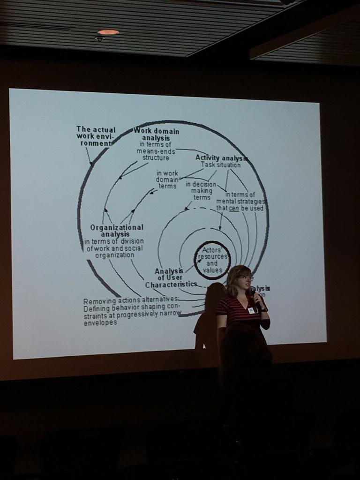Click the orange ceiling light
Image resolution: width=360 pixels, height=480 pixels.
[x=108, y=32]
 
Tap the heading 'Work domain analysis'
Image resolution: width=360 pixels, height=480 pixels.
[x=156, y=135]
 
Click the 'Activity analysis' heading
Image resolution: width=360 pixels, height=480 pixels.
[x=221, y=157]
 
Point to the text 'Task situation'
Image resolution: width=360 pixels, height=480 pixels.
[x=221, y=165]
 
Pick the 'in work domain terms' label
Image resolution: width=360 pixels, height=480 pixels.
[x=167, y=180]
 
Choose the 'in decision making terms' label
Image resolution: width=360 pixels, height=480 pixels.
[x=202, y=191]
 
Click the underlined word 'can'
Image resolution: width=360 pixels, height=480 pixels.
[x=234, y=208]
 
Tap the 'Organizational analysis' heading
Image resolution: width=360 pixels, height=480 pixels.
[x=116, y=230]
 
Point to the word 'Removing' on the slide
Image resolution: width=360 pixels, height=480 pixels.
[x=98, y=301]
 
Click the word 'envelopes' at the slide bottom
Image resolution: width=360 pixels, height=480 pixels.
[x=100, y=323]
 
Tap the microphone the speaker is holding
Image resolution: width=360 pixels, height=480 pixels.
[x=253, y=292]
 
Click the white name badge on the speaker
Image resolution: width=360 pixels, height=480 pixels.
[x=252, y=310]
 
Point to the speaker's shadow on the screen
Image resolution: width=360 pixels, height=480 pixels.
[x=209, y=314]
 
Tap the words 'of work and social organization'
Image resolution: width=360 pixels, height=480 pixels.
[x=115, y=251]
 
